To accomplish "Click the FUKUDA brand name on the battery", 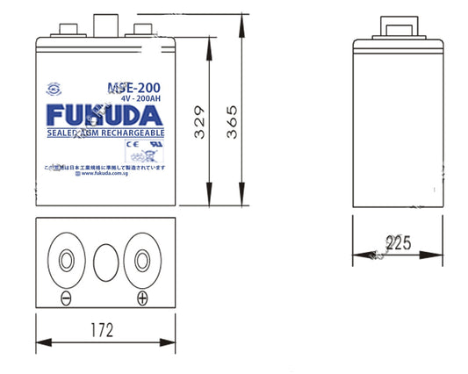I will (104, 115).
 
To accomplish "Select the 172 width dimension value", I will (104, 332).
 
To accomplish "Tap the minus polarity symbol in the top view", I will (65, 298).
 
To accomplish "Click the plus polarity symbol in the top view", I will (141, 298).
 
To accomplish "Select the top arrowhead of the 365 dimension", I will (240, 19).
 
